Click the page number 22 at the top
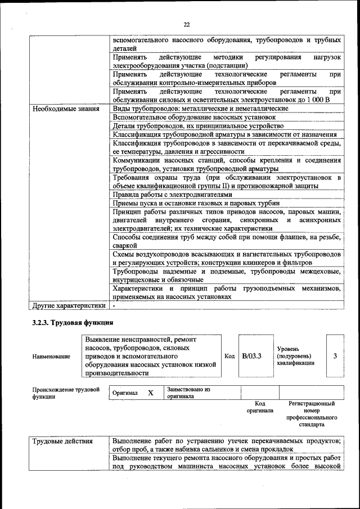click(x=187, y=24)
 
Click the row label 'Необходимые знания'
click(x=66, y=109)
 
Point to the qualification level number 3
click(x=335, y=356)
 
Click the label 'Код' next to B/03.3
click(x=229, y=356)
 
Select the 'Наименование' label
click(x=51, y=357)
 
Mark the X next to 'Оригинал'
click(x=150, y=393)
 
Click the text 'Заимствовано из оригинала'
click(x=188, y=393)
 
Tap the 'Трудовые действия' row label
click(x=62, y=440)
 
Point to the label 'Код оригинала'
click(x=259, y=407)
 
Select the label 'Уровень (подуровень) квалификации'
click(x=295, y=356)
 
